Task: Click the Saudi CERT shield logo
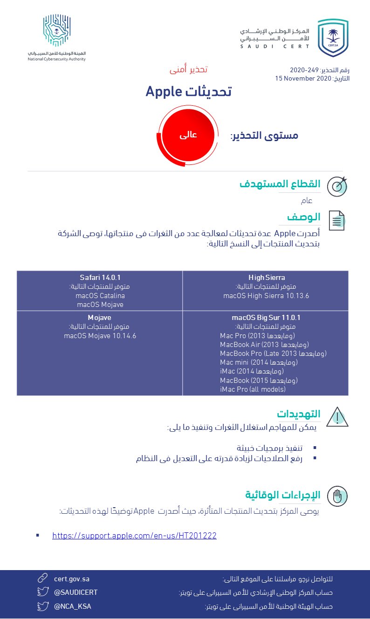pyautogui.click(x=333, y=38)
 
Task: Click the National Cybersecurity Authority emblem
pyautogui.click(x=56, y=31)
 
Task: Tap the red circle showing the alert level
pyautogui.click(x=188, y=135)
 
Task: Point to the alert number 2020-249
pyautogui.click(x=304, y=70)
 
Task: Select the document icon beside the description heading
pyautogui.click(x=337, y=220)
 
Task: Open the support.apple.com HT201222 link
pyautogui.click(x=134, y=536)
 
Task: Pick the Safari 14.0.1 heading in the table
pyautogui.click(x=100, y=278)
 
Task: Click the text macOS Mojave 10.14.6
pyautogui.click(x=100, y=335)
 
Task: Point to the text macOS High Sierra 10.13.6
pyautogui.click(x=266, y=295)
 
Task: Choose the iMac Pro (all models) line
pyautogui.click(x=253, y=389)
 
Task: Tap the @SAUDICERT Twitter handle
pyautogui.click(x=76, y=592)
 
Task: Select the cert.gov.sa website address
pyautogui.click(x=71, y=579)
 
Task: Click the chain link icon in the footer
pyautogui.click(x=43, y=579)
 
